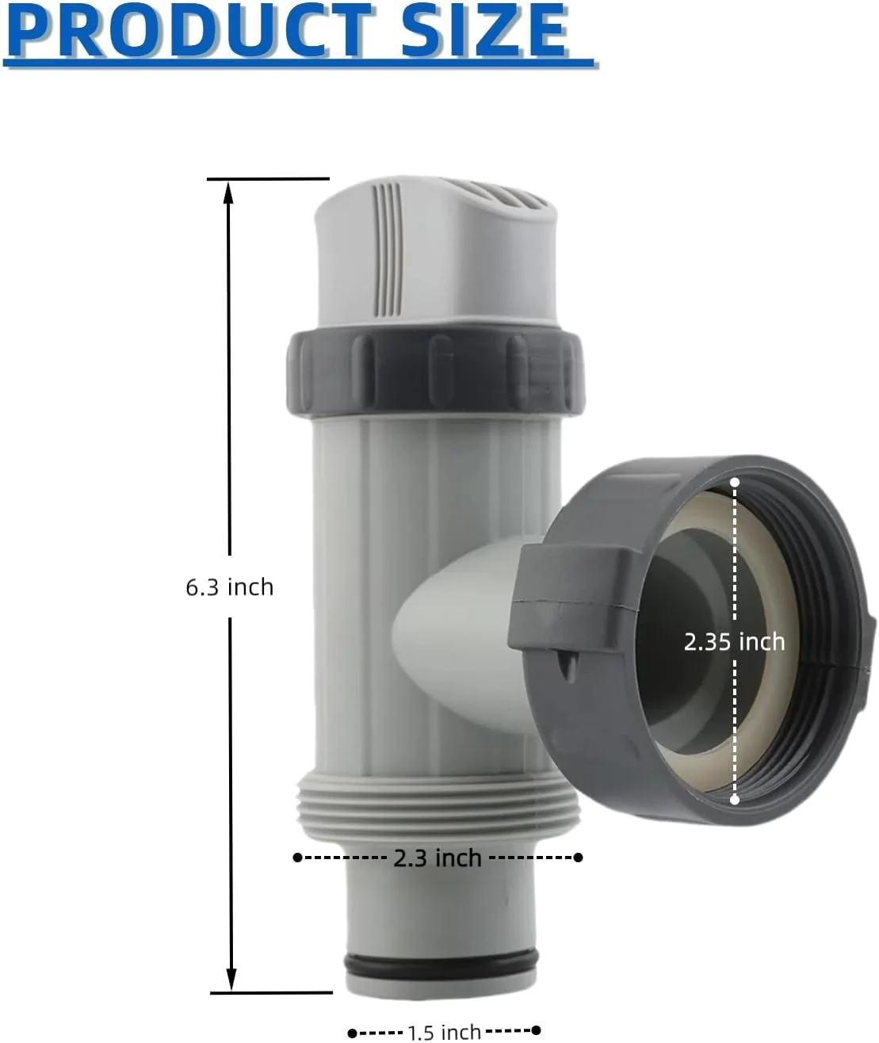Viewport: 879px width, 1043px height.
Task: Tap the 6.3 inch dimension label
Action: point(229,587)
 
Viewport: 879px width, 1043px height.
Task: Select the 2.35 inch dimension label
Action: point(734,642)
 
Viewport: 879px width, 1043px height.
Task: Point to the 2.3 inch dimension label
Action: point(438,858)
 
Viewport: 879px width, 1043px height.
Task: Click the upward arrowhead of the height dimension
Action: point(229,193)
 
